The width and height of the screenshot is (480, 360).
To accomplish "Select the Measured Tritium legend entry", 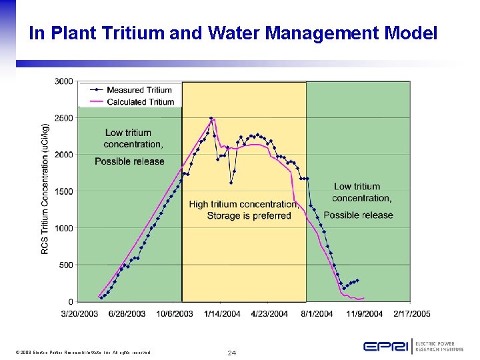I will (x=139, y=89).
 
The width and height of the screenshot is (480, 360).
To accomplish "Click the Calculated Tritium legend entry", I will (x=140, y=102).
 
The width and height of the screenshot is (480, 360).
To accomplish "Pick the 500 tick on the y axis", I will (x=66, y=265).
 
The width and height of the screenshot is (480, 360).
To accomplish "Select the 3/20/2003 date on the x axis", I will (x=81, y=313).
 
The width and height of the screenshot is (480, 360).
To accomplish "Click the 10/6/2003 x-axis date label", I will (x=175, y=313).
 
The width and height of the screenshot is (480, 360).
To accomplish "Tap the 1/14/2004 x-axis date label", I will (x=223, y=313).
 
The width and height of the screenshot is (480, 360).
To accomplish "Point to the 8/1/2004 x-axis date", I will (x=317, y=313).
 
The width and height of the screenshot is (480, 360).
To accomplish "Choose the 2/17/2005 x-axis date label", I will (x=411, y=313).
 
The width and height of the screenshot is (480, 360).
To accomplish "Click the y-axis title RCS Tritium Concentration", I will (x=45, y=188).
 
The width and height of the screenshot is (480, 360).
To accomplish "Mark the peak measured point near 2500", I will (x=211, y=119).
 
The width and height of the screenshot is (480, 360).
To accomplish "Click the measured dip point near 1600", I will (x=231, y=183).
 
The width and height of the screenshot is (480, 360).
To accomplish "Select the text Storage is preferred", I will (x=249, y=215).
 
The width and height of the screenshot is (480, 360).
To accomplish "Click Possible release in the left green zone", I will (x=129, y=161).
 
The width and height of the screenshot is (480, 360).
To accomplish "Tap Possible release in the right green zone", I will (x=358, y=215).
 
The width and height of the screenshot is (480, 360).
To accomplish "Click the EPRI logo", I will (x=386, y=346).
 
